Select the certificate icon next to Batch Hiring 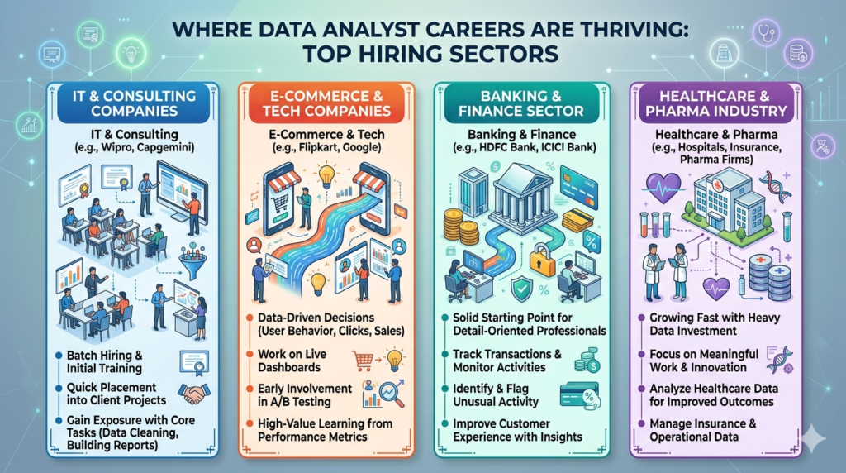pos(192,360)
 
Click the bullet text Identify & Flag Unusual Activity pos(495,395)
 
